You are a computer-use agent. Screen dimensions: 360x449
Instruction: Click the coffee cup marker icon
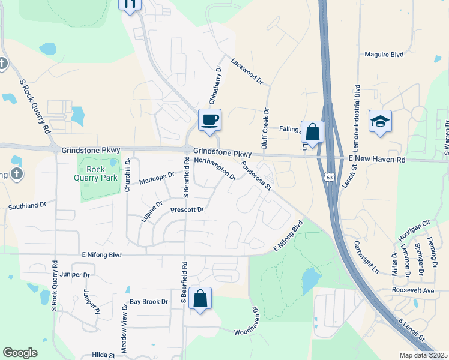click(209, 119)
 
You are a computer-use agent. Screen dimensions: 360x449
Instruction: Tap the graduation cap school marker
click(380, 121)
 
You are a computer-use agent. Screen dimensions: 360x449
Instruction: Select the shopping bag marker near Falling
click(312, 131)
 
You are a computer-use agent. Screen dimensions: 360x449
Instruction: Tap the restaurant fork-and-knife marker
click(130, 4)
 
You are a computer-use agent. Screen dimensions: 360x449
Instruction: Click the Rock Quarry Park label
click(100, 173)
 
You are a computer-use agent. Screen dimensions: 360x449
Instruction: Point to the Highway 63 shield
click(328, 177)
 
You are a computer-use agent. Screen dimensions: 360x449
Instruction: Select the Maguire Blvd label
click(384, 54)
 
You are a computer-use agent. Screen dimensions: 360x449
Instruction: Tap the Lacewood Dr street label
click(247, 70)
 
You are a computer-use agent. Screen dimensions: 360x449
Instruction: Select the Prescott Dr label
click(187, 210)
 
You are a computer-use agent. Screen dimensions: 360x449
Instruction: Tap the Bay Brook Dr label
click(149, 301)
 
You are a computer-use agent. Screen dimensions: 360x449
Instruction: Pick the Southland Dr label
click(27, 206)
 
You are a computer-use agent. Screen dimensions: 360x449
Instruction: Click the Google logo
click(20, 353)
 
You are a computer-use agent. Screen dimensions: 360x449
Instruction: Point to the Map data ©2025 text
click(423, 355)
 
